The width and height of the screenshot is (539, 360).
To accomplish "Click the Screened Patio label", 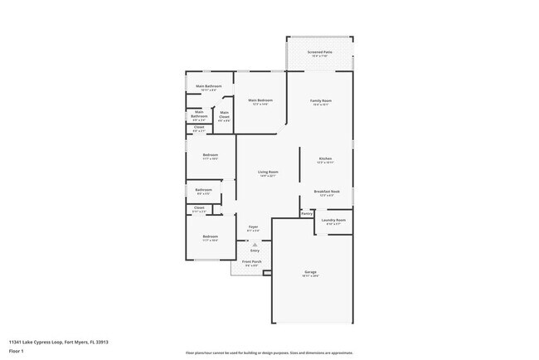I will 320,52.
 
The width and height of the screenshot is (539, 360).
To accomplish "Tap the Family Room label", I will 320,100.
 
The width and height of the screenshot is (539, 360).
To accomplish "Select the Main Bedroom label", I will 262,100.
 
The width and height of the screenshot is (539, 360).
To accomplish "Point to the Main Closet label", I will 224,114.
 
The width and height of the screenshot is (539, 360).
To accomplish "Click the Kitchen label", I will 326,158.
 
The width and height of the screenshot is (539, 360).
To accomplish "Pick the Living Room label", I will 268,173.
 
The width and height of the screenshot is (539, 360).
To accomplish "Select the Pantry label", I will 307,213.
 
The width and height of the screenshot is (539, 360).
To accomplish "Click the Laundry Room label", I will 334,220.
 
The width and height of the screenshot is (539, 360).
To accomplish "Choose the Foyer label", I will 254,226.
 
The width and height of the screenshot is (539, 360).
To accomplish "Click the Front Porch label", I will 252,261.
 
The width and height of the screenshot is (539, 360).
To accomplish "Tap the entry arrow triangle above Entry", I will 255,244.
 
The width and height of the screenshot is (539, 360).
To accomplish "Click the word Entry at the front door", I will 255,250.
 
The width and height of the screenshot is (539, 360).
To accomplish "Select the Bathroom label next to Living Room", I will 204,190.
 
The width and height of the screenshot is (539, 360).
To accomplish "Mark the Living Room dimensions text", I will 268,177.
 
